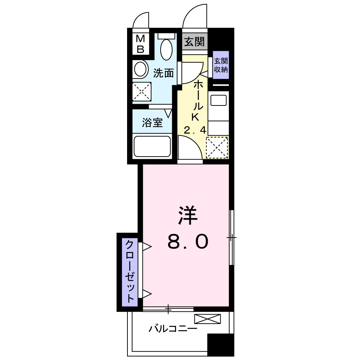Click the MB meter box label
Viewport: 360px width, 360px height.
(x=140, y=44)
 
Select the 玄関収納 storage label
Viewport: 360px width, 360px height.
(x=221, y=65)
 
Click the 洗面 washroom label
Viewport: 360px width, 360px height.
(x=163, y=73)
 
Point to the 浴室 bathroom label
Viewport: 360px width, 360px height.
(x=152, y=122)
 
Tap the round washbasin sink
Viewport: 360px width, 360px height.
(x=140, y=69)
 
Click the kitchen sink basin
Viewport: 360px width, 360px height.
(x=219, y=100)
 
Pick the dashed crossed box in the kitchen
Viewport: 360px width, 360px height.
(x=217, y=148)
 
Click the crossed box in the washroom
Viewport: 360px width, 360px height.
(x=142, y=91)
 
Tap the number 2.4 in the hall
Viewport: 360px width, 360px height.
(x=195, y=130)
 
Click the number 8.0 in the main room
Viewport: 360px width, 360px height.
(x=188, y=242)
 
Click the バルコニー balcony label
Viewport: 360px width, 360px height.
(x=173, y=329)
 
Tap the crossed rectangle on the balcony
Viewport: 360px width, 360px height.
(x=208, y=319)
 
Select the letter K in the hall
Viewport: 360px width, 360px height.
(x=195, y=117)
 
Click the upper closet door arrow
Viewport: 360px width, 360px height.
(x=147, y=247)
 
